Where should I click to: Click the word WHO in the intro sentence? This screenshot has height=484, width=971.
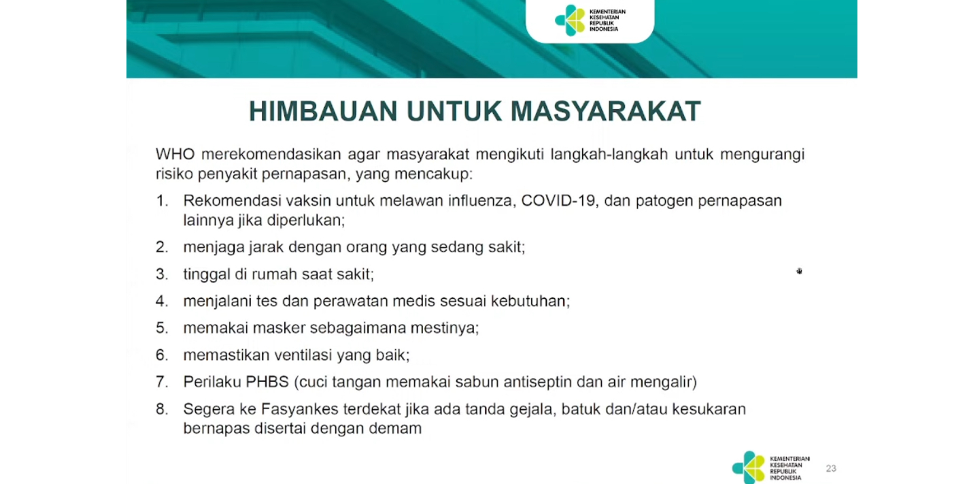coord(171,155)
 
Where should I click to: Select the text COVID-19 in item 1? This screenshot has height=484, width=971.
coord(559,201)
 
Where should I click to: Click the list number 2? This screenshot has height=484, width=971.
coord(161,247)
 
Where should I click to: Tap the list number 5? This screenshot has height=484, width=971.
coord(161,328)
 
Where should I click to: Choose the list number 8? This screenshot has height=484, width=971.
coord(161,409)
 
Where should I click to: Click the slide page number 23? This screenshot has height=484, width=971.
coord(831,468)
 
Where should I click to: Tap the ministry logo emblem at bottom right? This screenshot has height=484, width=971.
coord(749,468)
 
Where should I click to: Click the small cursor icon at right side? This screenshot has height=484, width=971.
coord(800,272)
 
